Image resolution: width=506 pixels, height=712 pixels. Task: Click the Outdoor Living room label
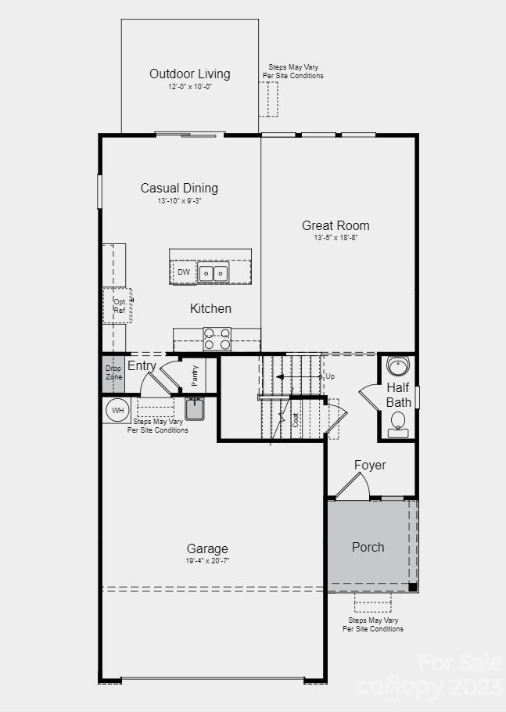click(x=190, y=74)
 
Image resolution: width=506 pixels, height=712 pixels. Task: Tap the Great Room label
click(x=336, y=225)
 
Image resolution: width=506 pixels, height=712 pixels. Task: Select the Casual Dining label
click(x=179, y=188)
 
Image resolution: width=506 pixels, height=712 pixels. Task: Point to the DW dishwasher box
click(x=184, y=272)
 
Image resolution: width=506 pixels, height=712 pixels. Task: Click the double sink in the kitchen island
click(x=213, y=273)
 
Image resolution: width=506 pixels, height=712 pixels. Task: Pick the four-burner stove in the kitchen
click(x=217, y=338)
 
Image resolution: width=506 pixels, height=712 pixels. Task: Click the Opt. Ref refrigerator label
click(x=119, y=305)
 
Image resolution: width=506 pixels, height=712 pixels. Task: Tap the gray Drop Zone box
click(x=113, y=372)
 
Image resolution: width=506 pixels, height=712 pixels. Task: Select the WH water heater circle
click(x=118, y=409)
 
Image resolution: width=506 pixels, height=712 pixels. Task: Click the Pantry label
click(x=195, y=373)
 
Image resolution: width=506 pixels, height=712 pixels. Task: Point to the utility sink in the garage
click(x=195, y=408)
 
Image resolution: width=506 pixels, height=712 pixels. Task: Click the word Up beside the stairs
click(x=330, y=376)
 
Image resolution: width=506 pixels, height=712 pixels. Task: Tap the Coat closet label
click(x=296, y=419)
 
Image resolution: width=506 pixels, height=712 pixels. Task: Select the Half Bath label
click(x=398, y=395)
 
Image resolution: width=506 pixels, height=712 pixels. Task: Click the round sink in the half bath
click(x=398, y=366)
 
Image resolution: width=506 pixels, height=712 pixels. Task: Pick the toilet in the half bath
click(x=397, y=423)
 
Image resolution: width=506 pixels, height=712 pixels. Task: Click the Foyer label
click(x=370, y=465)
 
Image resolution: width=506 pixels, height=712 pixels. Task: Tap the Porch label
click(x=368, y=547)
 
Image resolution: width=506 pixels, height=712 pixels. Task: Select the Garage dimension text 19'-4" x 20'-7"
click(x=207, y=560)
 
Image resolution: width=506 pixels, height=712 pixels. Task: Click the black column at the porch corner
click(x=413, y=587)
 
